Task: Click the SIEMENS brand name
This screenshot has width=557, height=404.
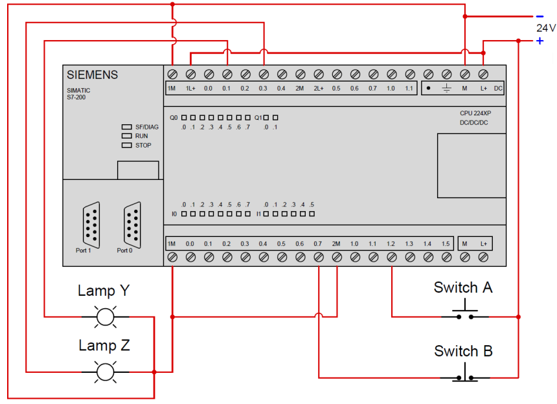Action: pyautogui.click(x=93, y=75)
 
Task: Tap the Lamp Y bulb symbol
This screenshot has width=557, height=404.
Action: pyautogui.click(x=104, y=317)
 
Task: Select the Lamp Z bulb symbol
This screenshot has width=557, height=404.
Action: pyautogui.click(x=104, y=372)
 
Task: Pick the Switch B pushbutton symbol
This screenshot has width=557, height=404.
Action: pyautogui.click(x=464, y=374)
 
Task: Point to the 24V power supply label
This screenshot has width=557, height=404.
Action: pyautogui.click(x=545, y=28)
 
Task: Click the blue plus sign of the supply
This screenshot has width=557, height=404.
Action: pyautogui.click(x=540, y=41)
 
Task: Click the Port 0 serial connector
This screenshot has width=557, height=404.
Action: pyautogui.click(x=133, y=224)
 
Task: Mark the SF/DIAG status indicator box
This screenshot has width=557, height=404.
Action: pyautogui.click(x=126, y=127)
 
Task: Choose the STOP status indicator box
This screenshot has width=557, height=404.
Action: pyautogui.click(x=126, y=145)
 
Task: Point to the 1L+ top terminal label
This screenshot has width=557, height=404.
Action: pyautogui.click(x=190, y=88)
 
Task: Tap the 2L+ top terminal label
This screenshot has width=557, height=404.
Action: pyautogui.click(x=318, y=88)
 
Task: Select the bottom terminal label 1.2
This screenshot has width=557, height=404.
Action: pyautogui.click(x=391, y=244)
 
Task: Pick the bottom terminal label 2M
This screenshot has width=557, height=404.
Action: pyautogui.click(x=336, y=244)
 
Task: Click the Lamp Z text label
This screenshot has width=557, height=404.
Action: pyautogui.click(x=104, y=345)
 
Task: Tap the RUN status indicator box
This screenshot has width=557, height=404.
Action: pyautogui.click(x=126, y=136)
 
